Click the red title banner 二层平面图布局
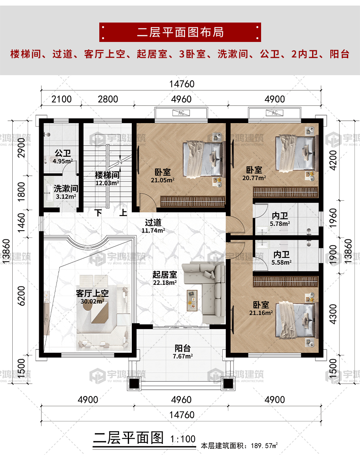(x=180, y=32)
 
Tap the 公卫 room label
(x=63, y=153)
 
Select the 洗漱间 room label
(x=66, y=188)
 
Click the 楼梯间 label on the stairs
(x=107, y=175)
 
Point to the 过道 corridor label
(x=153, y=222)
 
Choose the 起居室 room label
(x=165, y=275)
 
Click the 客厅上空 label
(x=92, y=293)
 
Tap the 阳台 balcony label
(x=183, y=348)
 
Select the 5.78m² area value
(x=280, y=224)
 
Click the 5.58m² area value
(x=281, y=263)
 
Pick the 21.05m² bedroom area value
(x=163, y=180)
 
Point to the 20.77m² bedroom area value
(x=254, y=178)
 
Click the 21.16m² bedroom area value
(x=261, y=313)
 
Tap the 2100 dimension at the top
(x=61, y=99)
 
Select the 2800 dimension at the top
(x=108, y=99)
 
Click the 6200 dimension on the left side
(x=21, y=296)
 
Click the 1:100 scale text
(x=183, y=439)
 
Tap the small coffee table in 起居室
(x=192, y=300)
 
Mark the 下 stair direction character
(x=98, y=212)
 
